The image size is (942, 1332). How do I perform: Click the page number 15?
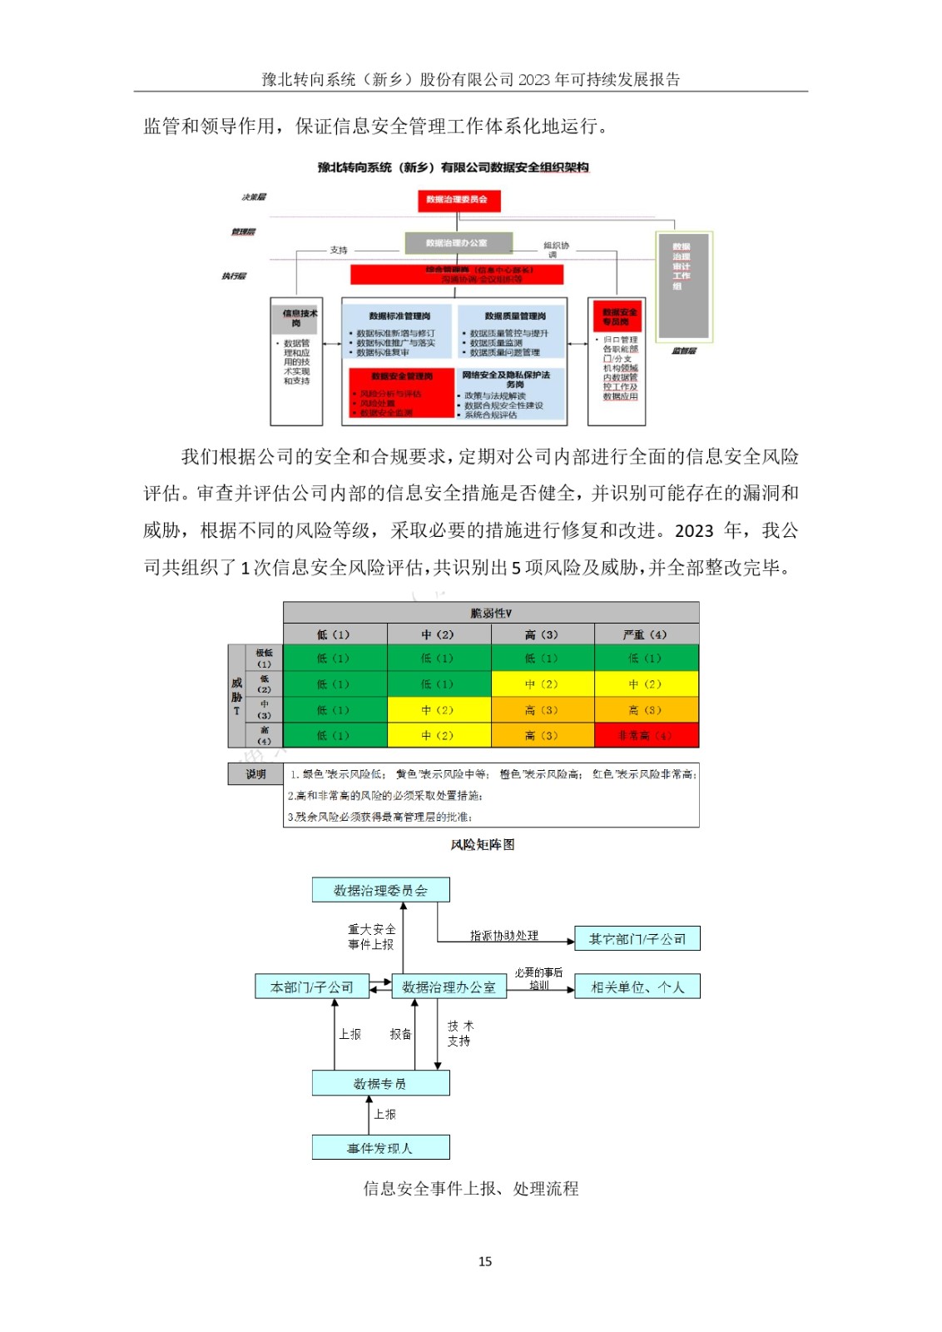click(485, 1261)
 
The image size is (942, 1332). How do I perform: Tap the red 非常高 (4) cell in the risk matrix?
click(646, 736)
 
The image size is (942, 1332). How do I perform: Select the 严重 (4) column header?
click(646, 634)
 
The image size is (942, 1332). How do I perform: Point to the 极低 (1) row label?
click(264, 658)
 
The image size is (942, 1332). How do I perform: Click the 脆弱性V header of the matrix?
click(491, 613)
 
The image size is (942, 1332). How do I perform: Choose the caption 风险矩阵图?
click(483, 844)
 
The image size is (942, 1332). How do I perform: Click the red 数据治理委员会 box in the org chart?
click(458, 200)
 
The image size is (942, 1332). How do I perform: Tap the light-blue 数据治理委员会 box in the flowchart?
click(380, 890)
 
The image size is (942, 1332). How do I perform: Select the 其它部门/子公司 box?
click(637, 938)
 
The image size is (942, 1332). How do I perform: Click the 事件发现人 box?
click(380, 1148)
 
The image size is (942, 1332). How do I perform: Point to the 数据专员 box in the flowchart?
click(380, 1083)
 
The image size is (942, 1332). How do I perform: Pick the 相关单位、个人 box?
click(637, 987)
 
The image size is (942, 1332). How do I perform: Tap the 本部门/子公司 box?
click(311, 987)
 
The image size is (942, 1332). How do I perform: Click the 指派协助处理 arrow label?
click(504, 936)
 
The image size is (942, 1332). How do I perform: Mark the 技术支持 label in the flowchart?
click(459, 1033)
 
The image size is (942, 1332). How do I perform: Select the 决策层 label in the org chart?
click(254, 197)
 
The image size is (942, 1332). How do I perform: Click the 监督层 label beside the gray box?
click(684, 350)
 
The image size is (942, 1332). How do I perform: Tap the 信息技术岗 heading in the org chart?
click(297, 318)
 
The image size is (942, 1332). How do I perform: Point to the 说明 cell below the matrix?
click(255, 774)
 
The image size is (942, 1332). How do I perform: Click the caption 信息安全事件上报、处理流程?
click(471, 1188)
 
